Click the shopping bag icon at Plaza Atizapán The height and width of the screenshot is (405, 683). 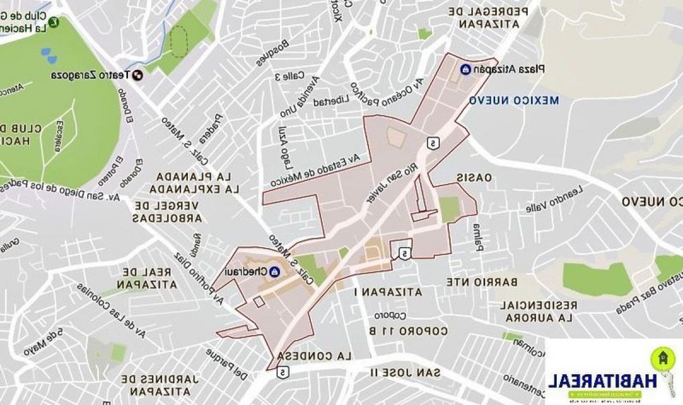tap(465, 69)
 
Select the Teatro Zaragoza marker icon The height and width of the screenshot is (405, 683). tap(137, 75)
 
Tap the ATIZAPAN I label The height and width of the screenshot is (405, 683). tap(388, 292)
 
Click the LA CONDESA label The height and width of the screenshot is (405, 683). tap(312, 356)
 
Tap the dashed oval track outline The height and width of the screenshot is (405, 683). tap(179, 42)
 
